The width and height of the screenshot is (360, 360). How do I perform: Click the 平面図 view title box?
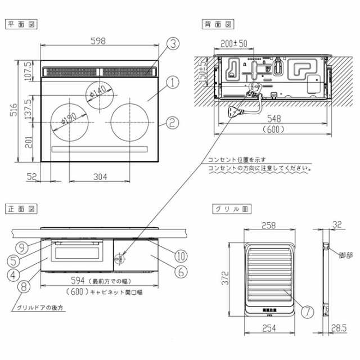[18, 24]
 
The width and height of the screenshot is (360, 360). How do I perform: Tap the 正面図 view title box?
[18, 208]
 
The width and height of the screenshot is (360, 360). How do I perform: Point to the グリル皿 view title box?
[224, 208]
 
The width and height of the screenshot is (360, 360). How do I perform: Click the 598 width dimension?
[99, 40]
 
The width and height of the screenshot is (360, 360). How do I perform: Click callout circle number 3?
[173, 43]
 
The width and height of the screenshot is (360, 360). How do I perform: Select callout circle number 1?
[173, 82]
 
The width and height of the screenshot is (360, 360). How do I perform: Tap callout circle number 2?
[173, 121]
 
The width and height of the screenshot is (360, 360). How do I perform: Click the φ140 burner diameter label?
[96, 91]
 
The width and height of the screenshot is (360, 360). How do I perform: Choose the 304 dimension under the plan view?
[100, 177]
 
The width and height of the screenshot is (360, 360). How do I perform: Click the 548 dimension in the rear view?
[273, 120]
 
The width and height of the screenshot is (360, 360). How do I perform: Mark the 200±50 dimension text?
[234, 43]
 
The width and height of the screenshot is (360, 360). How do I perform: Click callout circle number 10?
[180, 256]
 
